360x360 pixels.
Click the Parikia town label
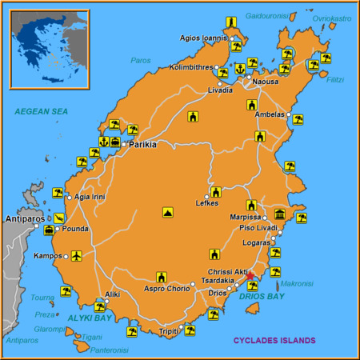[142, 145]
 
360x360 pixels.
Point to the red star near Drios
[250, 276]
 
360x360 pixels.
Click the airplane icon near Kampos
[77, 256]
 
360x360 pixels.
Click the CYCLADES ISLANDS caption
[274, 340]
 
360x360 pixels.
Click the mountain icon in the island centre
[167, 213]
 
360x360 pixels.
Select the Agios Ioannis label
[203, 37]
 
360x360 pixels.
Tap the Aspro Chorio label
[166, 288]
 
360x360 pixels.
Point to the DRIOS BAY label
[261, 296]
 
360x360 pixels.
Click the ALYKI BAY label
[88, 318]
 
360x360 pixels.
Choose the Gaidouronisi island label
[266, 15]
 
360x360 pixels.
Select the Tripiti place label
[169, 330]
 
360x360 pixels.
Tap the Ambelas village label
[268, 114]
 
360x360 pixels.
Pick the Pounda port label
[75, 229]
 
